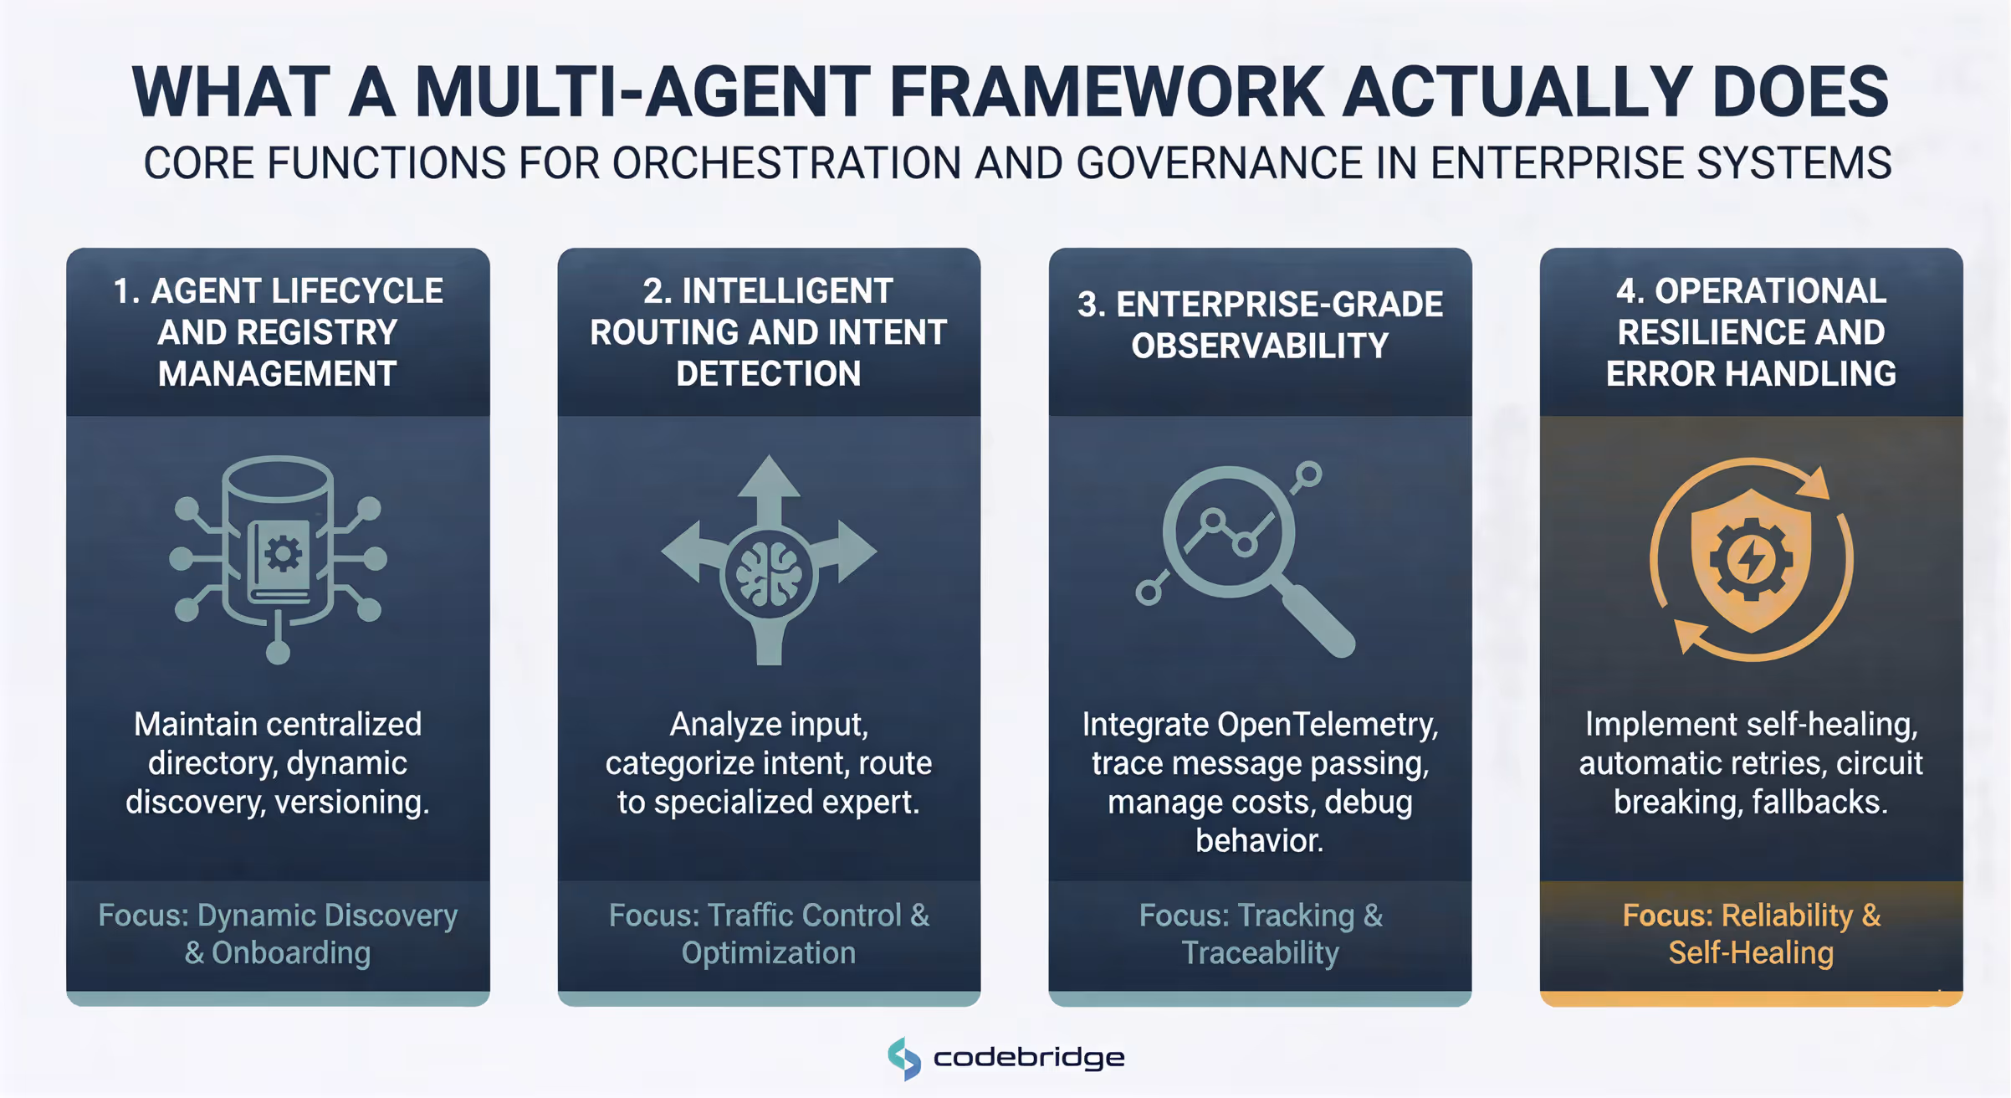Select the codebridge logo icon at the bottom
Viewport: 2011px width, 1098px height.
pos(904,1059)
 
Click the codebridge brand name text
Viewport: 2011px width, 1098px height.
pos(1029,1058)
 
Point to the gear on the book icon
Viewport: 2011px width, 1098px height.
pos(283,553)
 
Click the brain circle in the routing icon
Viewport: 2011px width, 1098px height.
pos(768,575)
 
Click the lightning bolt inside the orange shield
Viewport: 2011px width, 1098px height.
pos(1751,559)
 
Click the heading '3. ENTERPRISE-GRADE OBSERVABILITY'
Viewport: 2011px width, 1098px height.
pos(1260,325)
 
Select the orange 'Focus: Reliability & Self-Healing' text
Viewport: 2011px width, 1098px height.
pos(1751,934)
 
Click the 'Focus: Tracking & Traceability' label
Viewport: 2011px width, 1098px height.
pos(1260,934)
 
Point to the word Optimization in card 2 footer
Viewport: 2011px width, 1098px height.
pos(768,953)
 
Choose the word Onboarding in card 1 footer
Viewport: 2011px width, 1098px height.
pos(290,953)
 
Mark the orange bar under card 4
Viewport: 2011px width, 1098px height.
pos(1751,998)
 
